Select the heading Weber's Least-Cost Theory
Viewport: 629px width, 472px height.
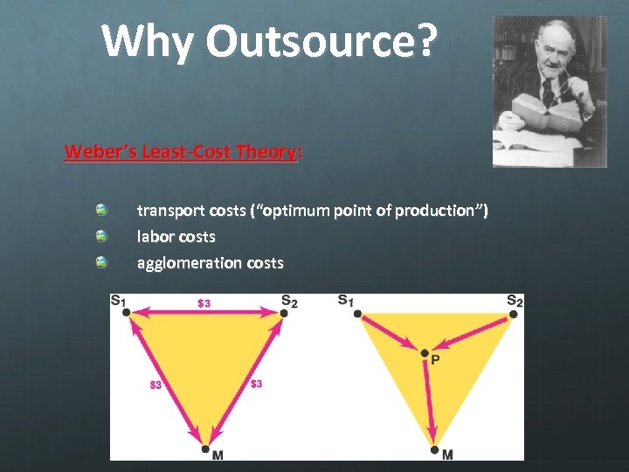(x=182, y=152)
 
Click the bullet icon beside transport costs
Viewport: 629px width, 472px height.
(x=102, y=211)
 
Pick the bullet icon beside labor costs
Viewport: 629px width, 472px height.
(x=102, y=236)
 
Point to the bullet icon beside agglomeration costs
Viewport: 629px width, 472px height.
(x=102, y=262)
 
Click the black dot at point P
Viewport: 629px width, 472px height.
(x=425, y=353)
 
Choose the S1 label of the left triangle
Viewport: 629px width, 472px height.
(x=117, y=302)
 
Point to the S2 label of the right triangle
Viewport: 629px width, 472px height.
(x=515, y=301)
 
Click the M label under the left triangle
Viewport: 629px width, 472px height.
(x=218, y=455)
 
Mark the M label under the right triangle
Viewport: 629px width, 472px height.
(x=447, y=455)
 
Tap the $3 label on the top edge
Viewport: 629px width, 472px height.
(x=204, y=304)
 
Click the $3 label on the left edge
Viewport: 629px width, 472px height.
(x=156, y=384)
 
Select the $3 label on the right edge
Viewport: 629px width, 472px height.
(x=256, y=384)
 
